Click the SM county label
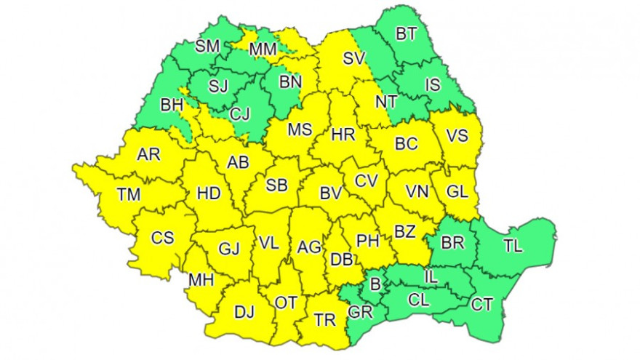click(x=207, y=47)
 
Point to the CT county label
click(x=481, y=304)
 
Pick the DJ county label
click(x=244, y=313)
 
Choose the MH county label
click(x=201, y=280)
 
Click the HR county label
click(x=343, y=135)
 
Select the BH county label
click(x=172, y=105)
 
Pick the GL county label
click(x=457, y=192)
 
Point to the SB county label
click(x=276, y=185)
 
